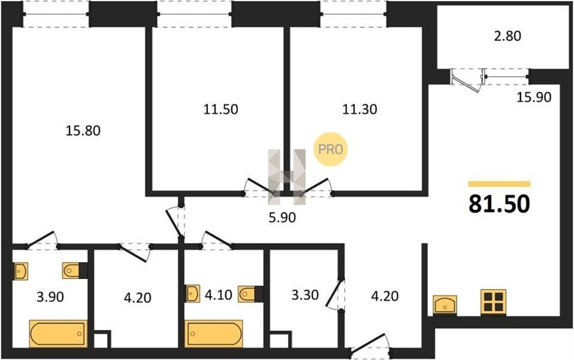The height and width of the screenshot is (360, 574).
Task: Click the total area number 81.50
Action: tap(499, 204)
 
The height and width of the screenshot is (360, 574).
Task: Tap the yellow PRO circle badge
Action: tap(330, 149)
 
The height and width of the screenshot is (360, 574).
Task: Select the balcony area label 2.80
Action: tap(508, 36)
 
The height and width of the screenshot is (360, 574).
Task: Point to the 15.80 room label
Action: tap(83, 130)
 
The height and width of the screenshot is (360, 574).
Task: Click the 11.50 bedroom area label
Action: tap(221, 109)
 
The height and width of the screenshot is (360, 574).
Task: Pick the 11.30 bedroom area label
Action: tap(360, 109)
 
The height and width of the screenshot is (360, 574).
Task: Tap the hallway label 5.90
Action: tap(282, 218)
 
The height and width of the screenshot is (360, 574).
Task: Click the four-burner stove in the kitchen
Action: tap(494, 302)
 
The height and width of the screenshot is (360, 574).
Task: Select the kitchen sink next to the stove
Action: tap(445, 304)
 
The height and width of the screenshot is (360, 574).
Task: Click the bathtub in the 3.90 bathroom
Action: tap(59, 334)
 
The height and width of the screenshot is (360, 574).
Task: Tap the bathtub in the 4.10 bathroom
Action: tap(214, 334)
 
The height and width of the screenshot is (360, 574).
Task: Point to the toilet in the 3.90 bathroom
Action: tap(71, 270)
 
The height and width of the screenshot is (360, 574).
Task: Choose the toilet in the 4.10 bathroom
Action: tap(247, 294)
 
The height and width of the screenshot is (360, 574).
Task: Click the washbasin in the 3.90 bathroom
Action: tap(21, 271)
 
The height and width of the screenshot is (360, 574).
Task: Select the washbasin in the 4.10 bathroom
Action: tap(193, 294)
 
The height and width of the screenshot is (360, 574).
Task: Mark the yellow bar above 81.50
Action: tap(499, 184)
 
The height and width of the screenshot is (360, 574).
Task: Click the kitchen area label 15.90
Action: tap(534, 97)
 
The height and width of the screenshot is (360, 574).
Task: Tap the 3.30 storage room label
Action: tap(305, 294)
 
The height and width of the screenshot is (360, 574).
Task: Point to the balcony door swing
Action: tap(466, 80)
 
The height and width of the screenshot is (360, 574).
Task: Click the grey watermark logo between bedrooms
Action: tap(286, 177)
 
